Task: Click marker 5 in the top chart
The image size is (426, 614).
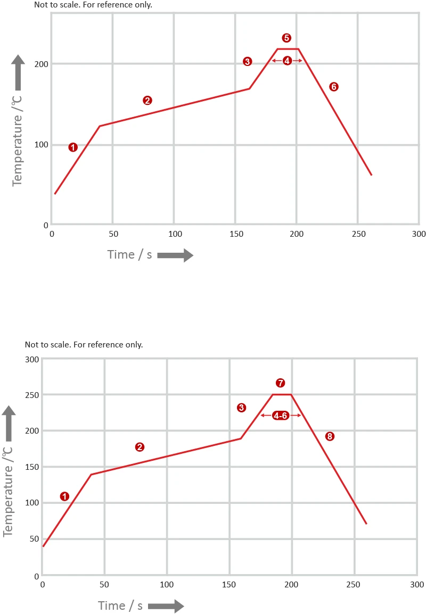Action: (x=286, y=38)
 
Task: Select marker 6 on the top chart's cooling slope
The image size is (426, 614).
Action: (x=334, y=87)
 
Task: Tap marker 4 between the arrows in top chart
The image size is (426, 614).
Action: (x=287, y=61)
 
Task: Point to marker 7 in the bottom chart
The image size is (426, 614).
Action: (x=281, y=383)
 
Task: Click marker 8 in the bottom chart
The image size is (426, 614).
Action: (x=330, y=437)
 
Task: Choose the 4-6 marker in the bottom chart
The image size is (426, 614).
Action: (x=281, y=416)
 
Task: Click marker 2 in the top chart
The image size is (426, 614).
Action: (x=148, y=101)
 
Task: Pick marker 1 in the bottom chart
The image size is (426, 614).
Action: (x=64, y=496)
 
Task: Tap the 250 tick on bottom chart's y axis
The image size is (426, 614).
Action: (x=32, y=395)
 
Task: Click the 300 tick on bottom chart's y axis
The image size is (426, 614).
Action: (x=32, y=359)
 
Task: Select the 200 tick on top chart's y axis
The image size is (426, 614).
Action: (x=42, y=64)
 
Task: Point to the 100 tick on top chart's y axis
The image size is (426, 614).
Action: (x=42, y=145)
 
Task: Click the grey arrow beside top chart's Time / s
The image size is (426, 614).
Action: (x=175, y=256)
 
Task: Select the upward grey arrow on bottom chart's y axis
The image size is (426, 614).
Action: (x=9, y=423)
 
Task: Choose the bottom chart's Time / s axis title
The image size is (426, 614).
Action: (x=120, y=605)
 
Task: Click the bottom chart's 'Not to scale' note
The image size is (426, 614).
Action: (x=84, y=345)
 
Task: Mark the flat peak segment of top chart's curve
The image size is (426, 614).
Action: (x=288, y=49)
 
